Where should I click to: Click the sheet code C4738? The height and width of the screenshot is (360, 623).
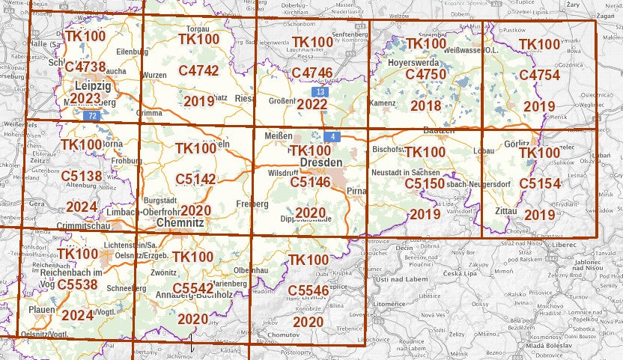[85, 67]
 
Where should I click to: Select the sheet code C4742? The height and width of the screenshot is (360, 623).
[198, 71]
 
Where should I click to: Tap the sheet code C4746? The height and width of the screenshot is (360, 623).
[311, 73]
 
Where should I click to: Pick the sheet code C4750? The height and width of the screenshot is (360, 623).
[425, 74]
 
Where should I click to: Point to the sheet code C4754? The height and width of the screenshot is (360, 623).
[539, 75]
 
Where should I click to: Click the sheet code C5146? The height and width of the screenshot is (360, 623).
[310, 181]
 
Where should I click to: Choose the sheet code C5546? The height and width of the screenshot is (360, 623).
[308, 290]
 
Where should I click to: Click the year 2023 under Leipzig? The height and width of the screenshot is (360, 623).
[85, 99]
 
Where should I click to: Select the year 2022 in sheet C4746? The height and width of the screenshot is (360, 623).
[311, 104]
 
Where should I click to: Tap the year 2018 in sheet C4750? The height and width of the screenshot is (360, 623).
[425, 106]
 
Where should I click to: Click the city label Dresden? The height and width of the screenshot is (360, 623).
[320, 162]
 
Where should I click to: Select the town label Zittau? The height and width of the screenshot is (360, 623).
[506, 212]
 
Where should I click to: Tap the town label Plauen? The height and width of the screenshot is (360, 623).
[41, 308]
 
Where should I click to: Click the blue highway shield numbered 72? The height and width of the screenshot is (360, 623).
[92, 115]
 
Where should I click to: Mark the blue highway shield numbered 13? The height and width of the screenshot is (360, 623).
[320, 91]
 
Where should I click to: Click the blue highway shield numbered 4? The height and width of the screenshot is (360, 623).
[333, 136]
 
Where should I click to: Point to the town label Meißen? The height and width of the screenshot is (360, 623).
[279, 135]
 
